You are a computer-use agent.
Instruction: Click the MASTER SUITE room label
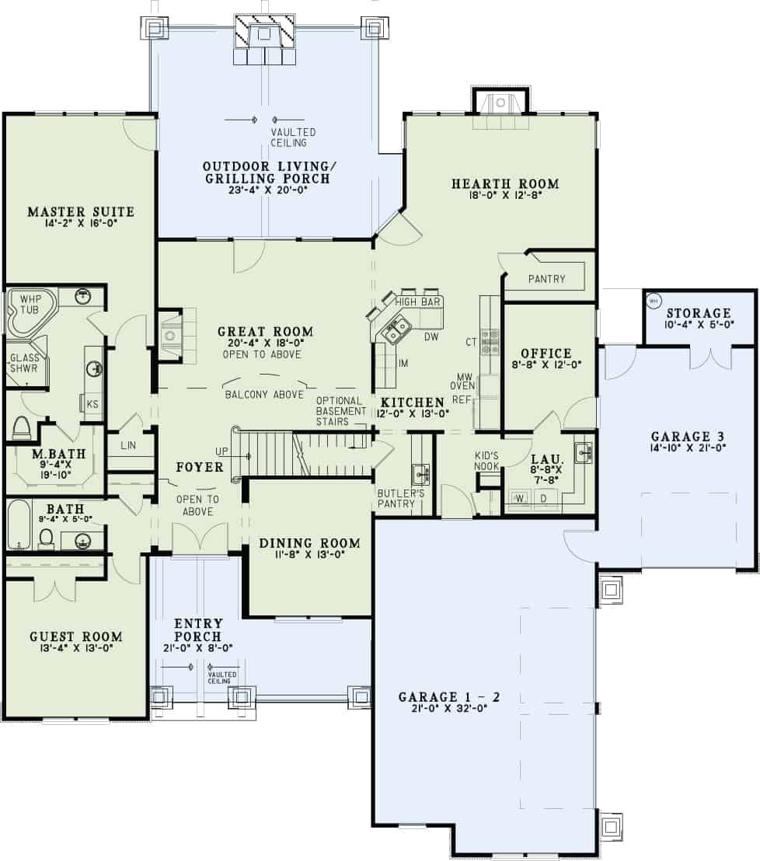pos(81,211)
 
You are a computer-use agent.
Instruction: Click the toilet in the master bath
pos(22,428)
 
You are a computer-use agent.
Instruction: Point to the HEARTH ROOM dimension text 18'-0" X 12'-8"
pos(505,197)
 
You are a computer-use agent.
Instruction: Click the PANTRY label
pos(546,279)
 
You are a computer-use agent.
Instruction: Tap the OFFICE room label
pos(546,353)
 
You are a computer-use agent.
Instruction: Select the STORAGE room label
pos(699,313)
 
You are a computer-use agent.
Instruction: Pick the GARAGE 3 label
pos(681,437)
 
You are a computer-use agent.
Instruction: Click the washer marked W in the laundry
pos(518,497)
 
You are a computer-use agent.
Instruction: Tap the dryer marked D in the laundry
pos(544,497)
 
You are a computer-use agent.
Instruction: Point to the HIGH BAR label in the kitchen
pos(418,301)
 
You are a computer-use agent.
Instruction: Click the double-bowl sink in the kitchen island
pos(396,329)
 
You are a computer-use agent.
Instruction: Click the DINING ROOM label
pos(309,542)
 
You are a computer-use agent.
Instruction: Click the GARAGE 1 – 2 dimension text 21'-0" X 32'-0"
pos(448,708)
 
